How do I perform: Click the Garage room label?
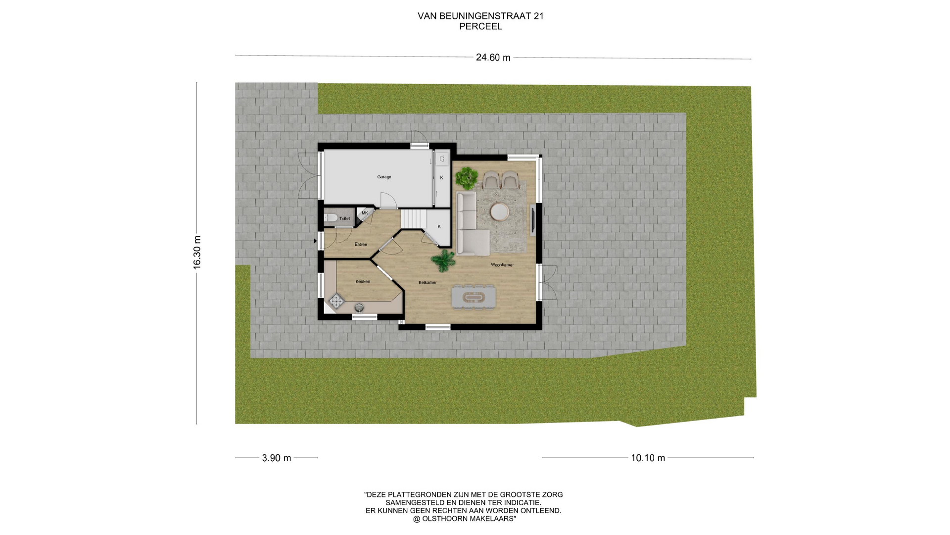(x=384, y=177)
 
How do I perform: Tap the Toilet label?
(x=344, y=218)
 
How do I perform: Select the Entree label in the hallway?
(x=361, y=244)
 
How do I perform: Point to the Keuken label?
(x=363, y=281)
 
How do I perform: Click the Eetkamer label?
(x=427, y=282)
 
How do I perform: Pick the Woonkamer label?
(x=502, y=265)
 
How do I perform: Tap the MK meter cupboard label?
(x=365, y=213)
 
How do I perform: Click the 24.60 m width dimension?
(x=493, y=57)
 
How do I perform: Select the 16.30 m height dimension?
(x=197, y=253)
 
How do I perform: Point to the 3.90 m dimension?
(x=277, y=458)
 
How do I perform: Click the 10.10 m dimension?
(x=648, y=458)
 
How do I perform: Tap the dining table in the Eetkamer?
(x=474, y=297)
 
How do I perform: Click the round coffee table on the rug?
(x=499, y=212)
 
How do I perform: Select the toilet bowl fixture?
(x=331, y=218)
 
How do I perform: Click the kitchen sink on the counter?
(x=359, y=308)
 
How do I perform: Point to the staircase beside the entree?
(x=413, y=219)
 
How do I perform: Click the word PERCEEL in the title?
(x=480, y=27)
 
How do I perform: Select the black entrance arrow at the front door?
(x=315, y=241)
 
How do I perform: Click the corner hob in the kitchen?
(x=336, y=301)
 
